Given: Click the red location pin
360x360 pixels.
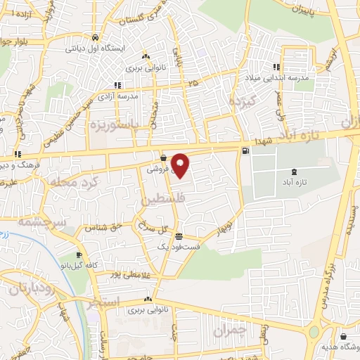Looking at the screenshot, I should point(181,166).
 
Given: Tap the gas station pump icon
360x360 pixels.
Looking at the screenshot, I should point(245,150).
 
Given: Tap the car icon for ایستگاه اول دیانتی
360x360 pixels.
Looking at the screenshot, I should point(94,38).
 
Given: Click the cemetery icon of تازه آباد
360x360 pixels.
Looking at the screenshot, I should point(293,172).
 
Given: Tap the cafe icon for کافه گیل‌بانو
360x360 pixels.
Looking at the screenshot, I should point(78,255).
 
